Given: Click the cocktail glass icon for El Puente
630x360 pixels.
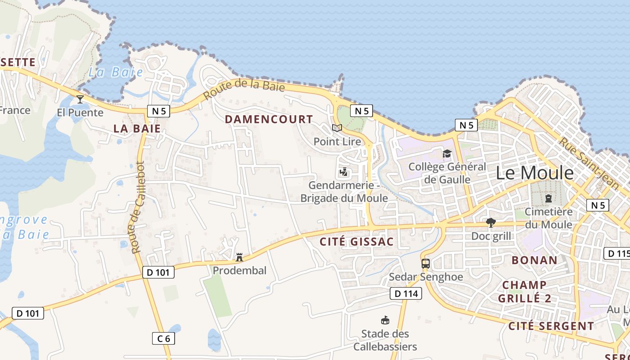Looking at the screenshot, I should (x=80, y=99).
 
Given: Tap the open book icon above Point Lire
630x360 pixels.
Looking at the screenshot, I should (x=337, y=128).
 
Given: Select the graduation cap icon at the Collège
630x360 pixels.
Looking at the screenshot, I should (x=447, y=154).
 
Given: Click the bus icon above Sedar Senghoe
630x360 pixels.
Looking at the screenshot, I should (x=426, y=264).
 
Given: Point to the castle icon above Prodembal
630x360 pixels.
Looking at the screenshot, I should (x=239, y=257).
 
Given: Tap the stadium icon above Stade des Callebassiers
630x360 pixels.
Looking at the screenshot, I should (x=385, y=320).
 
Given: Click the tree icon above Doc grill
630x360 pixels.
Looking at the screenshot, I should (x=491, y=223).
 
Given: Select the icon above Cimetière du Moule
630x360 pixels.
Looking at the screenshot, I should (x=548, y=198).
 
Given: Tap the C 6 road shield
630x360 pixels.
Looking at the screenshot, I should (x=163, y=338).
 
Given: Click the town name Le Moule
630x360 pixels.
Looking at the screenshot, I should (x=535, y=173).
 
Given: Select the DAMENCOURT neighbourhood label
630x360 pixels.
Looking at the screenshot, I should (x=269, y=119).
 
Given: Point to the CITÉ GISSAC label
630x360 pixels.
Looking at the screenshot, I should (x=356, y=242).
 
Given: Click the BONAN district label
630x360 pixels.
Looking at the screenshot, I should (x=535, y=260).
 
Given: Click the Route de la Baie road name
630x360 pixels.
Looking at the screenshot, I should (x=244, y=88).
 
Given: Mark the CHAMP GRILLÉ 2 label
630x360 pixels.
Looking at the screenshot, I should (x=524, y=291).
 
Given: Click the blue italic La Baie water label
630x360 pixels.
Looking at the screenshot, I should (x=116, y=72).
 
